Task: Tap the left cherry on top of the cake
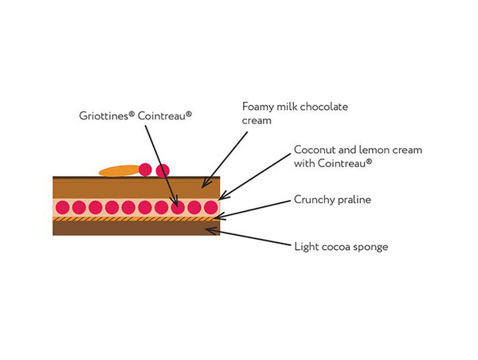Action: [x=146, y=169]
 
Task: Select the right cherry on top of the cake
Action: [x=163, y=170]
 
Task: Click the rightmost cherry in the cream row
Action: [x=211, y=207]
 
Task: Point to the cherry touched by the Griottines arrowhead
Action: [x=178, y=207]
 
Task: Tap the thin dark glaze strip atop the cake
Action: [x=96, y=177]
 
